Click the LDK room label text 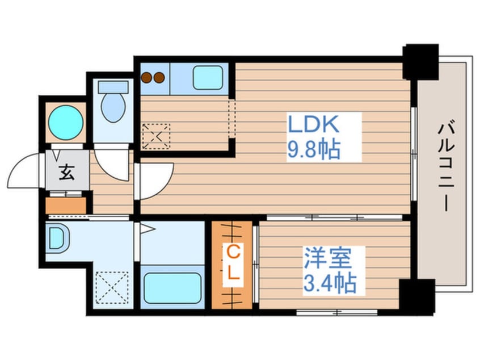click(314, 124)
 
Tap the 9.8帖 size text click(314, 149)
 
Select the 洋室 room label click(327, 258)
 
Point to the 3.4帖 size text click(330, 283)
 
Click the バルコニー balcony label click(446, 168)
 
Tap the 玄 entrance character click(67, 172)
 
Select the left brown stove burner click(147, 78)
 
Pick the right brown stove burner click(159, 78)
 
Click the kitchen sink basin click(208, 78)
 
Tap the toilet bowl click(113, 107)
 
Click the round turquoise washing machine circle click(66, 123)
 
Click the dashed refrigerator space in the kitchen click(157, 136)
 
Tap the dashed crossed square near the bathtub click(112, 287)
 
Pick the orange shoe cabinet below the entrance click(66, 206)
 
